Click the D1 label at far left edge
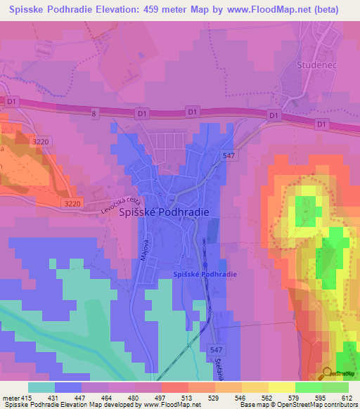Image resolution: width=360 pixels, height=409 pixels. pos(11,101)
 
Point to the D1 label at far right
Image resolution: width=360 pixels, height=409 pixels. pos(322,124)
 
